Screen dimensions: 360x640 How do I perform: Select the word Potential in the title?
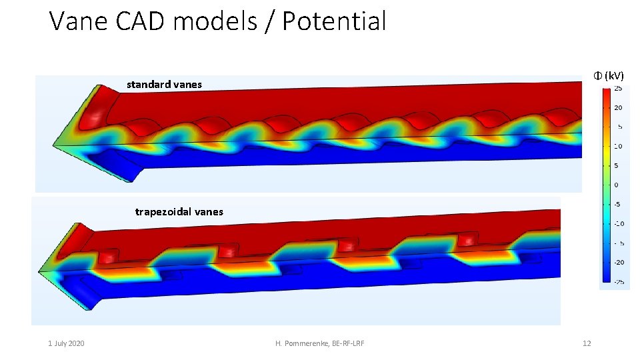(334, 21)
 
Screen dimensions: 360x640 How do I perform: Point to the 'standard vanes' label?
(164, 85)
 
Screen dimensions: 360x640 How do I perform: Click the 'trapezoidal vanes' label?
(179, 212)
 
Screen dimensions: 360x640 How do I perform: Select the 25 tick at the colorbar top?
(618, 89)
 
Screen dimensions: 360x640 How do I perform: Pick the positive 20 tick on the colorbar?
(618, 107)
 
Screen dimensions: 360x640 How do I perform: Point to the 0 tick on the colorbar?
(617, 185)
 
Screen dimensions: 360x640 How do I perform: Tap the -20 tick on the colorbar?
(618, 262)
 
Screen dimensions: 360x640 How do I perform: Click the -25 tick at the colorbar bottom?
(618, 281)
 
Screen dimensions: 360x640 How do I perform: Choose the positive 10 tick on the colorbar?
(618, 146)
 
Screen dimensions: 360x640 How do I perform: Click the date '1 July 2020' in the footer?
(66, 343)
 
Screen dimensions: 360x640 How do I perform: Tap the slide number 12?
(587, 343)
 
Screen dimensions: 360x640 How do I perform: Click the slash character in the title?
(271, 21)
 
